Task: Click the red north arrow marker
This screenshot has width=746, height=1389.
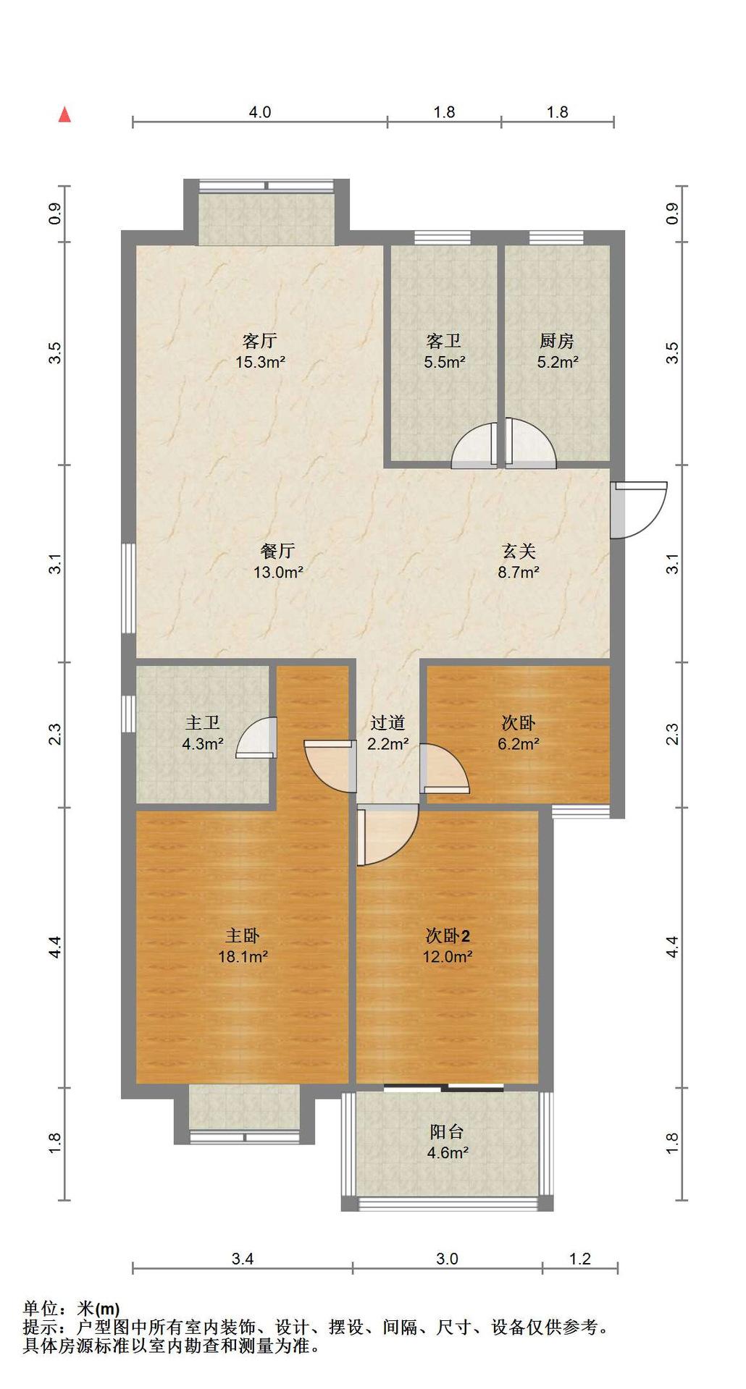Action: tap(64, 114)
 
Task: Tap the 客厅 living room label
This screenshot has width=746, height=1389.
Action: tap(260, 340)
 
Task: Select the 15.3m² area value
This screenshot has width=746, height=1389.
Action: tap(260, 362)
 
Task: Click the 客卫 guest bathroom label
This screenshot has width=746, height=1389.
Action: tap(444, 340)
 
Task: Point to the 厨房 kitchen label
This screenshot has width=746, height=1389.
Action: tap(557, 340)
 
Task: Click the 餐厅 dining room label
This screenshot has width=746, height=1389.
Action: tap(277, 551)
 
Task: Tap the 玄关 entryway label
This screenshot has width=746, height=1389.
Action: tap(519, 551)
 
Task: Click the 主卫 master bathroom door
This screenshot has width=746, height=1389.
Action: tap(257, 738)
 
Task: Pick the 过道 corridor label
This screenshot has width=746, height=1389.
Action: tap(387, 722)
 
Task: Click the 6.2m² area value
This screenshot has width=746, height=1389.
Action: tap(519, 743)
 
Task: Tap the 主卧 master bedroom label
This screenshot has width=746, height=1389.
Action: tap(243, 936)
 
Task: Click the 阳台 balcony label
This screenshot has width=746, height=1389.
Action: tap(447, 1132)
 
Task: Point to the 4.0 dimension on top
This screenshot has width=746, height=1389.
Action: tap(260, 112)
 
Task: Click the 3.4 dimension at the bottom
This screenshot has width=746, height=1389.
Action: tap(243, 1259)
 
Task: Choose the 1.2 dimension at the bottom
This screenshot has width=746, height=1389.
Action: tap(580, 1259)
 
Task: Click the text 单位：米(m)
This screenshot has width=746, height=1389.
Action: tap(71, 1309)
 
